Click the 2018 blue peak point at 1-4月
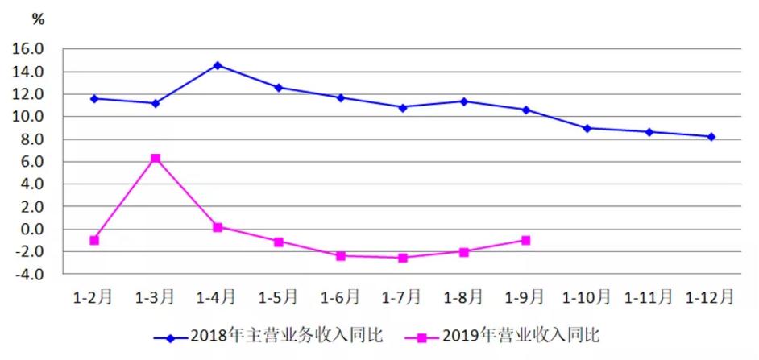pos(218,65)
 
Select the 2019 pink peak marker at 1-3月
pos(156,159)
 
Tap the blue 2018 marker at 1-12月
pos(711,137)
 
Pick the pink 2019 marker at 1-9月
pos(526,240)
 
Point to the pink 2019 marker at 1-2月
pos(94,240)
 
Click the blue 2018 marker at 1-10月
pos(587,128)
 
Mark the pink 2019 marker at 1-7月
pos(403,258)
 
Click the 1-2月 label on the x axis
pos(93,296)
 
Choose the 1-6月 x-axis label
pos(340,296)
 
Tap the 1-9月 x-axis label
pos(525,296)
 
